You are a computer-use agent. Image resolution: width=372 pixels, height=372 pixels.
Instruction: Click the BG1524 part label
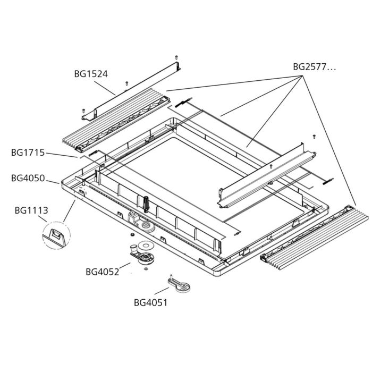(x=91, y=74)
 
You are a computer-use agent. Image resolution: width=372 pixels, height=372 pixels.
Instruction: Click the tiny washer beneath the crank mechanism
(x=145, y=269)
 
